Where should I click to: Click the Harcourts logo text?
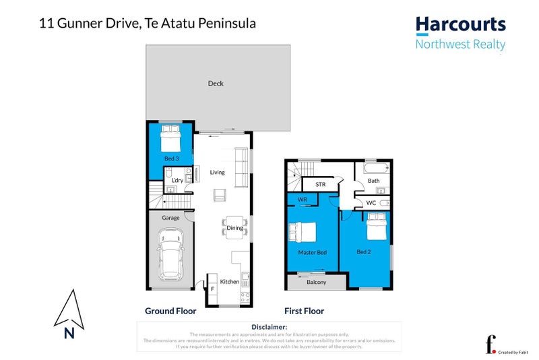tap(460, 26)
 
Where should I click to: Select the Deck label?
tap(216, 84)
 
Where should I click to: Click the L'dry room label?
tap(178, 180)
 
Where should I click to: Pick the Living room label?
tap(217, 173)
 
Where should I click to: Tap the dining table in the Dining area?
tap(232, 229)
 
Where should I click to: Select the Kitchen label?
tap(230, 282)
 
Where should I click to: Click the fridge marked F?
tap(212, 289)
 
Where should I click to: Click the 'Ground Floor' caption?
tap(170, 311)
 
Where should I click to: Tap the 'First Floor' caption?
tap(305, 311)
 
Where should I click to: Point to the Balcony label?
tap(316, 282)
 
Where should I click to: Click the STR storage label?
tap(320, 183)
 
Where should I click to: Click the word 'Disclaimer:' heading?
tap(268, 327)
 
